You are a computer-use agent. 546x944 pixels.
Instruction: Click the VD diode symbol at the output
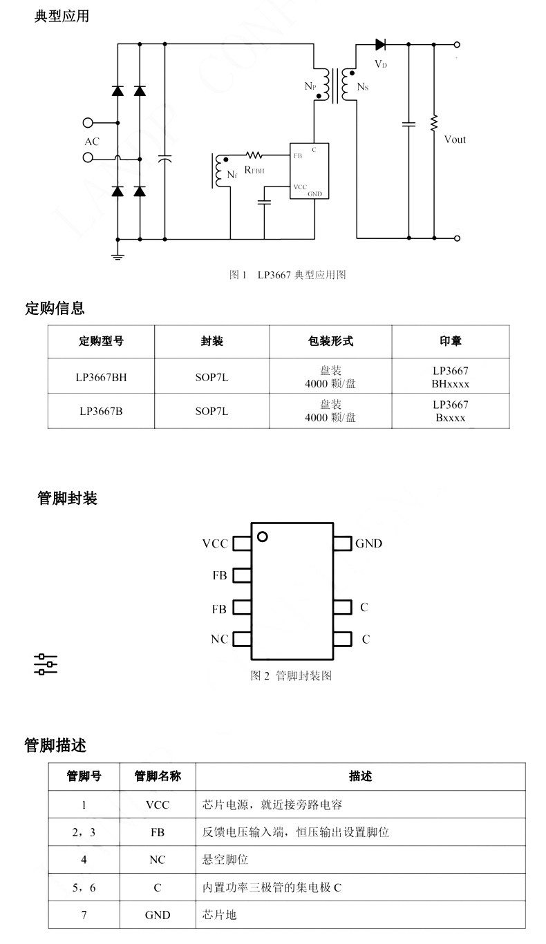[x=380, y=44]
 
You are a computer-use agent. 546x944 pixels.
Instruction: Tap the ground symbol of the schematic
[x=117, y=256]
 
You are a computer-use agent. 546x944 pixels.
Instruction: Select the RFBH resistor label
[x=254, y=170]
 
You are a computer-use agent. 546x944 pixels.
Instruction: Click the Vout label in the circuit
[x=455, y=139]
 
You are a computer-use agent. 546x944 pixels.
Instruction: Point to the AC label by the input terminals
[x=92, y=141]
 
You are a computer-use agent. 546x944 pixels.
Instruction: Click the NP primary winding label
[x=310, y=86]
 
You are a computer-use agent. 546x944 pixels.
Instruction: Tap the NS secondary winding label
[x=363, y=86]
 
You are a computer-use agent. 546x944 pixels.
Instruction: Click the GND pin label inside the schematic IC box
[x=314, y=194]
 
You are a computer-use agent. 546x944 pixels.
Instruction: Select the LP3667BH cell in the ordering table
[x=101, y=377]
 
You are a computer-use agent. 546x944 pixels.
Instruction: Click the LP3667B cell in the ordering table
[x=101, y=411]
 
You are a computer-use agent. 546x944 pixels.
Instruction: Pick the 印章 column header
[x=451, y=341]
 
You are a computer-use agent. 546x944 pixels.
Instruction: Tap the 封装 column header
[x=211, y=341]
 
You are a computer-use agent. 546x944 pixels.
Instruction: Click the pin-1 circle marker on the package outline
[x=262, y=537]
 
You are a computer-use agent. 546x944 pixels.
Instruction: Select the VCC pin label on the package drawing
[x=215, y=543]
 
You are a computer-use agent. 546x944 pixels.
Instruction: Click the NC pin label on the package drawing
[x=219, y=639]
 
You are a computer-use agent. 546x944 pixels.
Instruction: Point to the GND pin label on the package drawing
[x=369, y=543]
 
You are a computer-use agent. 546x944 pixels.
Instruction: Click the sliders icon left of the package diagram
[x=46, y=664]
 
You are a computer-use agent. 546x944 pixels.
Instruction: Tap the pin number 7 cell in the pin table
[x=84, y=915]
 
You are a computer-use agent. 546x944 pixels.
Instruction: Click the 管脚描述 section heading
[x=55, y=745]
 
